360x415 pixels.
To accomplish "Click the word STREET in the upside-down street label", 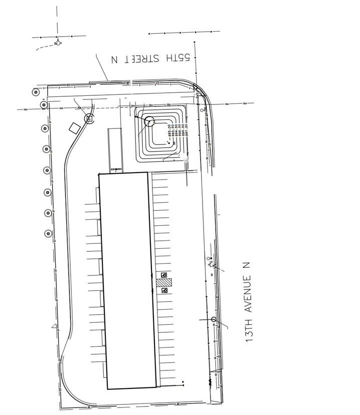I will coord(142,59).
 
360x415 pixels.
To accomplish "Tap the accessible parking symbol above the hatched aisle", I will coord(164,275).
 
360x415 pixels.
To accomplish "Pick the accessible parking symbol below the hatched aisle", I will coord(164,290).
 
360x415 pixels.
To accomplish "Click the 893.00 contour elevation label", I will coord(170,131).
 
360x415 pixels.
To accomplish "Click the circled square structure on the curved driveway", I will coord(89,119).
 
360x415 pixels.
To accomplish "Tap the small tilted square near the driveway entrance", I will coord(74,127).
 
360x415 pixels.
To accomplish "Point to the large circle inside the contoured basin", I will coord(149,121).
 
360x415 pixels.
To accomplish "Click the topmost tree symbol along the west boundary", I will coord(36,92).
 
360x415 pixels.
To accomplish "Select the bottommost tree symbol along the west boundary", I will coord(49,233).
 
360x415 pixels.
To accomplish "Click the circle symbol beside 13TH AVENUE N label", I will coord(214,320).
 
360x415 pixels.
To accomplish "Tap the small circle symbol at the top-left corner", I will coord(58,43).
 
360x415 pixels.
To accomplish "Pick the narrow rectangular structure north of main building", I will coord(115,149).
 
